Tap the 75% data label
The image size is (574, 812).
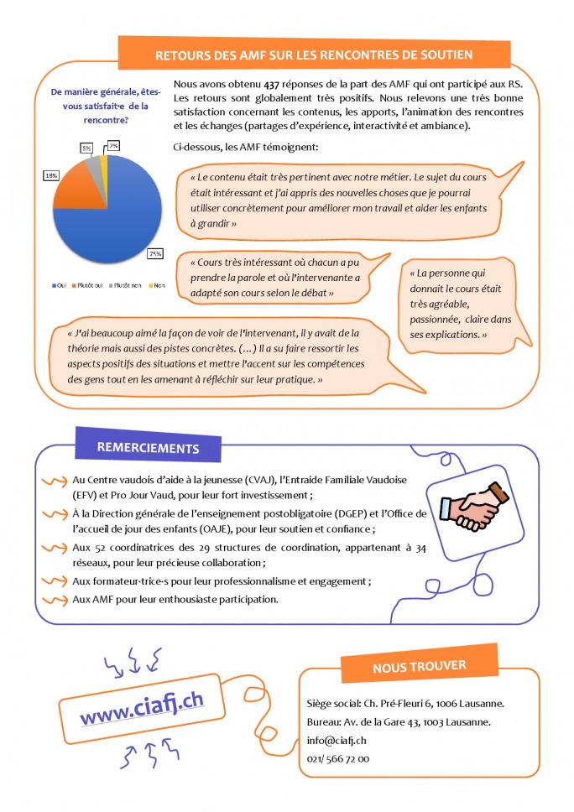tap(155, 253)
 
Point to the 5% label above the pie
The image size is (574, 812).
tap(86, 148)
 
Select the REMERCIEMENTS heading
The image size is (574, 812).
tap(148, 448)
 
